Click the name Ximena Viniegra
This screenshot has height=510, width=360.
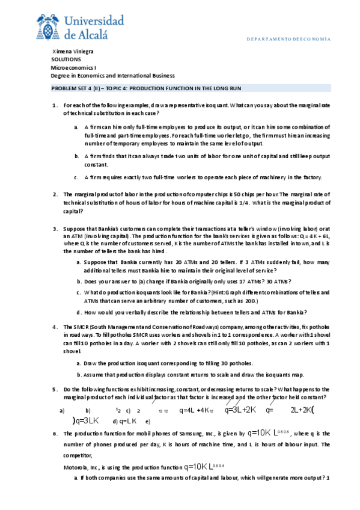point(74,51)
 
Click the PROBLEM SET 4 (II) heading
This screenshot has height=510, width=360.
point(146,88)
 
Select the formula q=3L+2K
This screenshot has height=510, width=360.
point(240,410)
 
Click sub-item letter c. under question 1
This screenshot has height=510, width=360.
point(76,177)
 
